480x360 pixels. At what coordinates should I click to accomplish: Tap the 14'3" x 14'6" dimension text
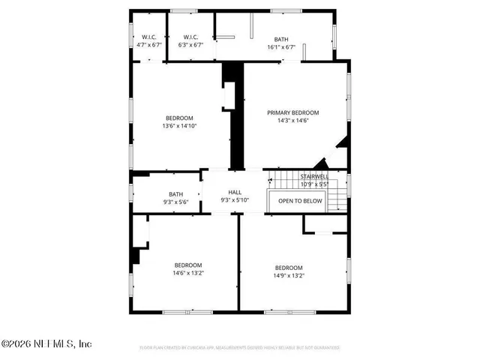tap(293, 120)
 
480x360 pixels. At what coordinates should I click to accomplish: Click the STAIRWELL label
tap(315, 177)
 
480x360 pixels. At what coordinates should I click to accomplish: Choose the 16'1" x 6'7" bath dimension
tap(281, 46)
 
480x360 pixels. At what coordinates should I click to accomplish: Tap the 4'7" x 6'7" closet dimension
tap(148, 45)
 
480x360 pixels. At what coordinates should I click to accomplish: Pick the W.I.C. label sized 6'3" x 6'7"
tap(190, 37)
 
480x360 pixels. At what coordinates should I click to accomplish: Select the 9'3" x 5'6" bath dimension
tap(176, 202)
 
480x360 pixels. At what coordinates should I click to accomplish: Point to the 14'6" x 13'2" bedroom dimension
tap(188, 273)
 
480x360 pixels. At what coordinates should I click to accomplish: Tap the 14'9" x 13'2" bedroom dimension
tap(288, 275)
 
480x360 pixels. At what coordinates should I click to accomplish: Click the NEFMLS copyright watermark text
tap(46, 344)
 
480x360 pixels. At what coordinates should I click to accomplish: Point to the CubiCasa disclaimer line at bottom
tap(240, 348)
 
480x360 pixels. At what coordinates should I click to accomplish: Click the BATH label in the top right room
tap(281, 39)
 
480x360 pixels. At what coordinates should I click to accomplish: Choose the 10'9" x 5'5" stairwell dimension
tap(315, 184)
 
